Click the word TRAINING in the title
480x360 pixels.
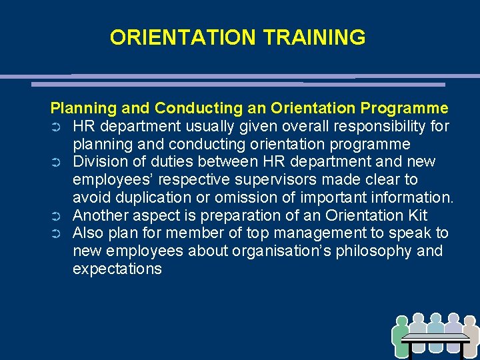pyautogui.click(x=315, y=37)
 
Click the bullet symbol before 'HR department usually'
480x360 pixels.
pyautogui.click(x=57, y=127)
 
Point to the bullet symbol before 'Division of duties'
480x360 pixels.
pyautogui.click(x=57, y=163)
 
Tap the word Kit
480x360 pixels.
pyautogui.click(x=415, y=216)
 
